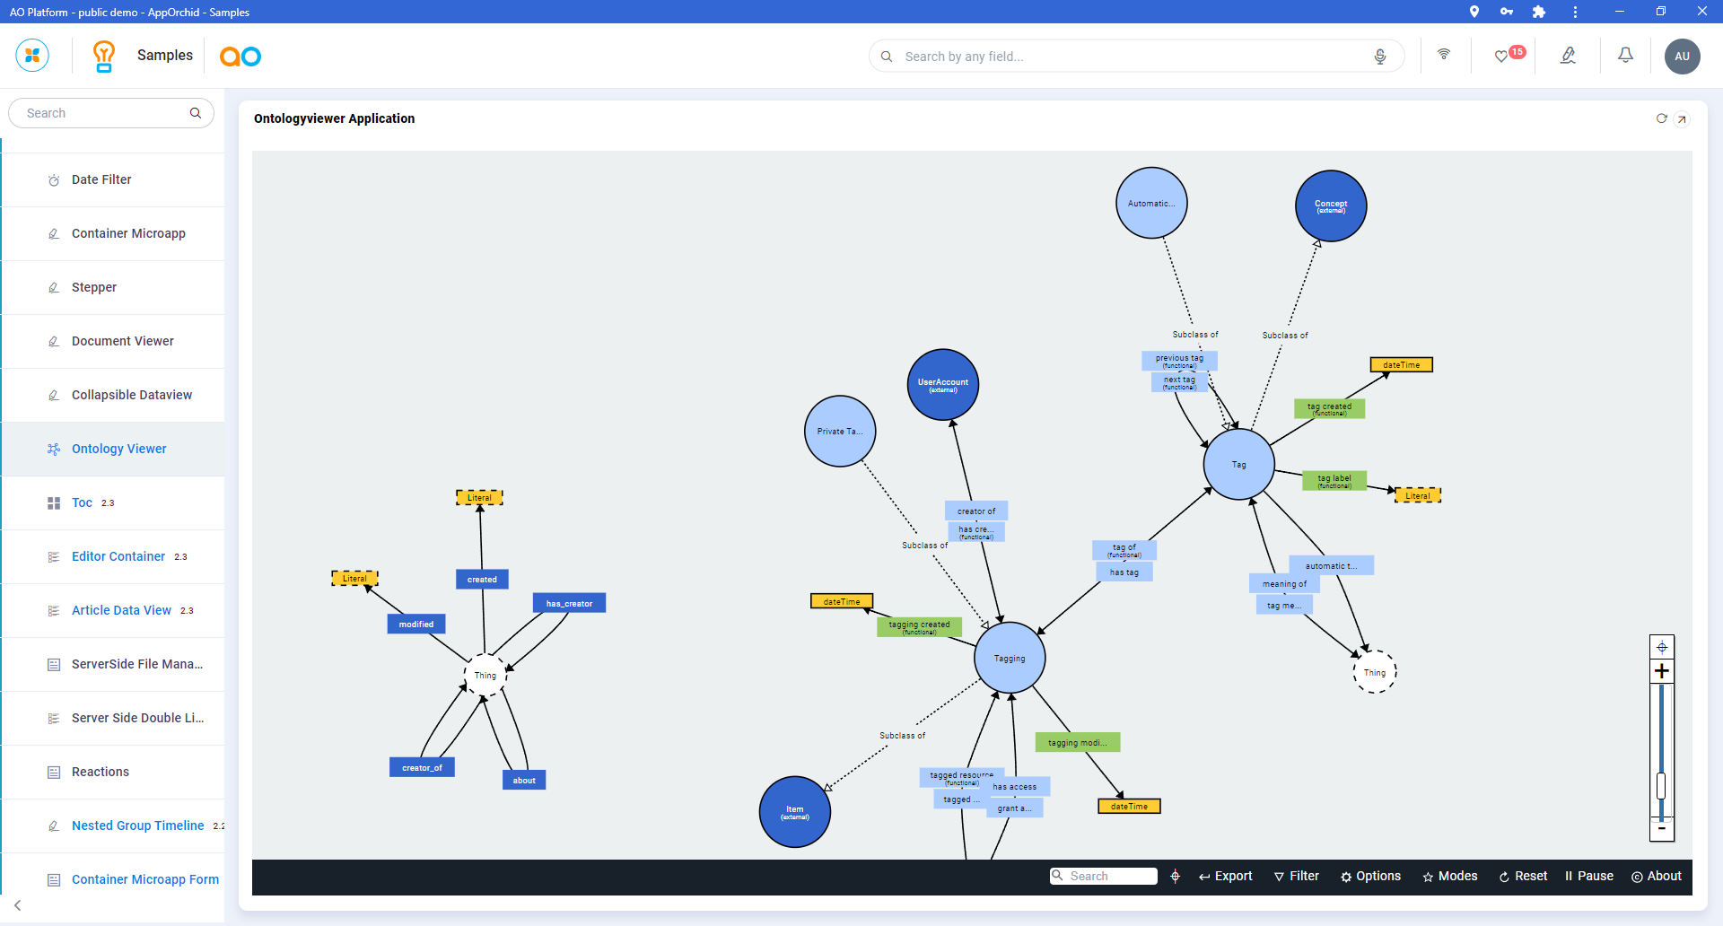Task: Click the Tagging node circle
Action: click(x=1010, y=658)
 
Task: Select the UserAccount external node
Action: click(x=943, y=384)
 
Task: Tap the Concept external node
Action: click(x=1331, y=205)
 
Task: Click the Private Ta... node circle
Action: click(x=840, y=431)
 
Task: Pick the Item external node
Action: click(x=795, y=811)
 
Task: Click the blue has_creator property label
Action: click(x=569, y=603)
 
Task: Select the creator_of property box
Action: click(x=422, y=767)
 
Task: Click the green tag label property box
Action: click(x=1334, y=481)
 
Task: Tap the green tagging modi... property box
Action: click(x=1077, y=742)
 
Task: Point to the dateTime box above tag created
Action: click(x=1401, y=364)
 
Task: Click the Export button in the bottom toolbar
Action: click(x=1226, y=876)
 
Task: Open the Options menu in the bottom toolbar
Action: click(x=1370, y=876)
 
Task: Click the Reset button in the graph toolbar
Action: click(x=1523, y=876)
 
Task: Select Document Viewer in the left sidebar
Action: click(x=123, y=341)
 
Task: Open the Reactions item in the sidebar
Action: click(x=101, y=772)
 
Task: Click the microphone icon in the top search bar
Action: click(x=1380, y=57)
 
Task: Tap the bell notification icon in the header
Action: click(x=1625, y=56)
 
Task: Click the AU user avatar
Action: click(x=1682, y=56)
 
